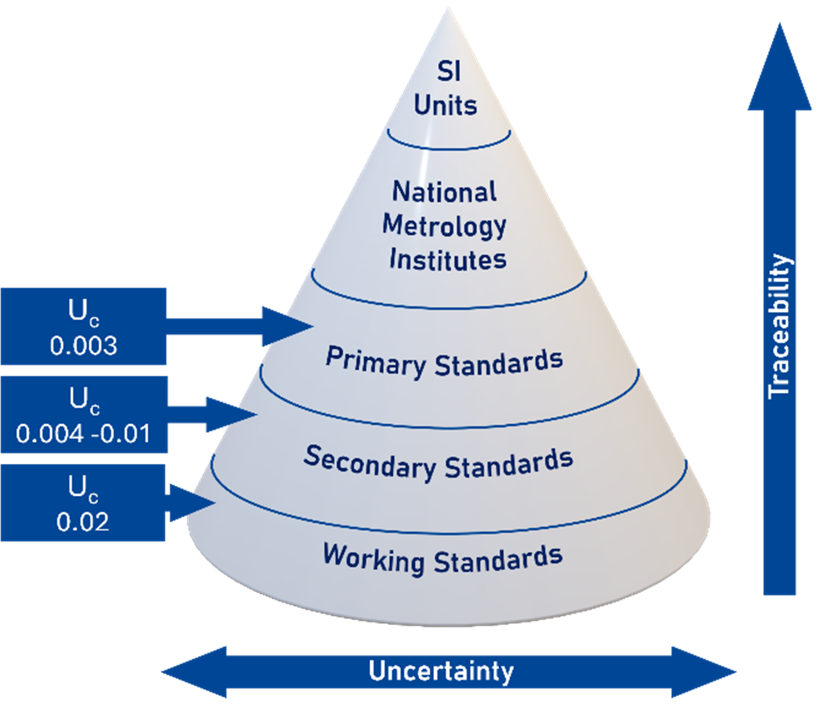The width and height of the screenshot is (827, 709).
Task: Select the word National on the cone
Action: (x=444, y=192)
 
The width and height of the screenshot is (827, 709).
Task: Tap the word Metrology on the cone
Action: (x=445, y=225)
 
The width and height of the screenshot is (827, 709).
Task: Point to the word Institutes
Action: (x=447, y=259)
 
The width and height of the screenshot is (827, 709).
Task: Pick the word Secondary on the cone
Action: (x=369, y=462)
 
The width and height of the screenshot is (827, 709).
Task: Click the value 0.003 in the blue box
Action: (x=83, y=346)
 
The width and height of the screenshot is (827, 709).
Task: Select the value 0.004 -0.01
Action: (x=83, y=433)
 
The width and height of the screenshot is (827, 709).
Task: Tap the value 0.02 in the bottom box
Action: (x=83, y=520)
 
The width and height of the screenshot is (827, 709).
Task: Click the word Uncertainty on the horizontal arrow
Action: (x=441, y=671)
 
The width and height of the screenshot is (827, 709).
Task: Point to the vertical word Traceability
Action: (x=780, y=327)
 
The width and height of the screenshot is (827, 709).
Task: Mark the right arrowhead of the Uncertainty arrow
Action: (x=727, y=672)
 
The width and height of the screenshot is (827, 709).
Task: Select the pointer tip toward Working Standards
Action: (x=215, y=502)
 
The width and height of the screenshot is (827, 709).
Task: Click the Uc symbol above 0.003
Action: (x=83, y=314)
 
